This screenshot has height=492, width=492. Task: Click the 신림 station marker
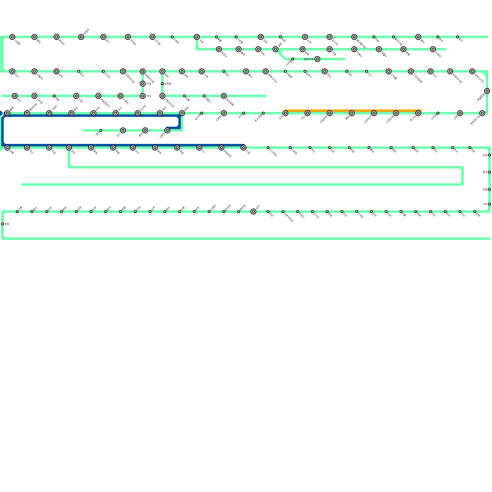143,84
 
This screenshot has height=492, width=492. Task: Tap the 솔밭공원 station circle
317,59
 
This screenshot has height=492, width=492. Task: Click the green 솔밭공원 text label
308,59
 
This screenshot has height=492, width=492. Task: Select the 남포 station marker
490,155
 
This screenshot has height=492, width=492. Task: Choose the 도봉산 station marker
354,49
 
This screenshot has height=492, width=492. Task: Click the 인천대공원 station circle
411,71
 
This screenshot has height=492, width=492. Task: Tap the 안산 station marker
307,113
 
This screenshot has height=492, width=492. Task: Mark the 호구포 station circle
418,113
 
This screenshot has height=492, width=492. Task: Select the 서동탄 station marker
167,130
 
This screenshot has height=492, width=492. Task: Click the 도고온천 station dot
268,148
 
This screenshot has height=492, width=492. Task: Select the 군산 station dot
460,212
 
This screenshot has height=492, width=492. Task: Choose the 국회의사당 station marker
123,71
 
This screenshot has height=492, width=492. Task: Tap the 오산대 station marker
138,113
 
